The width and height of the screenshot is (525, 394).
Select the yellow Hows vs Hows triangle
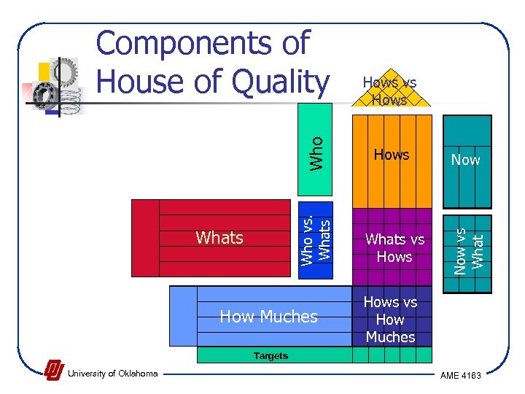(x=389, y=91)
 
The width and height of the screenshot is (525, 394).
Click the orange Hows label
(x=392, y=155)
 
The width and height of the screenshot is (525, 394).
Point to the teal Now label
(x=465, y=159)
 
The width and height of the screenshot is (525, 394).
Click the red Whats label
(x=219, y=237)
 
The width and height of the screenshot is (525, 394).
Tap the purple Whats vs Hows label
(x=394, y=248)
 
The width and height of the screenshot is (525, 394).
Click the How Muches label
(x=268, y=317)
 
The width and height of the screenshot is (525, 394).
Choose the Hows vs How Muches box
(x=391, y=320)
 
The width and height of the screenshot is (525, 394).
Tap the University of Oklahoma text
(x=112, y=374)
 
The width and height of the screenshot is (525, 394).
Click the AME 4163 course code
(x=460, y=374)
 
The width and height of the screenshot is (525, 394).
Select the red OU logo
(x=53, y=371)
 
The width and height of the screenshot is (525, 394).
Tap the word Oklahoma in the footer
(x=136, y=374)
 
